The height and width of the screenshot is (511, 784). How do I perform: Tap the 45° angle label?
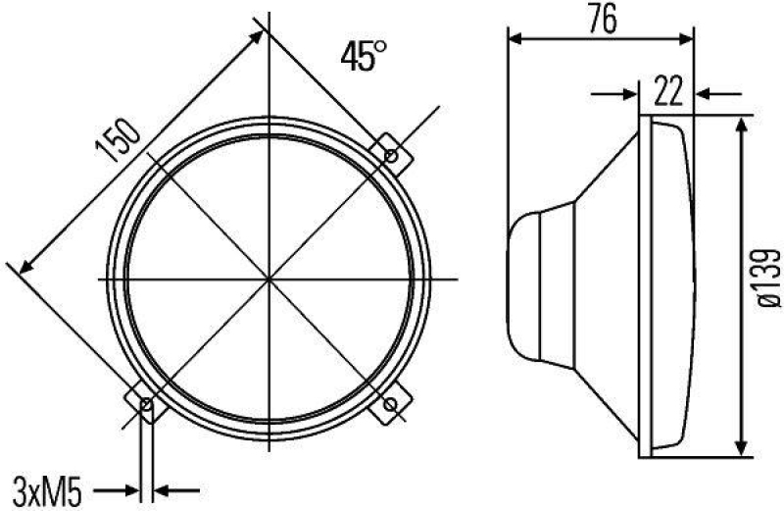pyautogui.click(x=360, y=56)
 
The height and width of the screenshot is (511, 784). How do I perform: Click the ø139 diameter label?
pyautogui.click(x=770, y=278)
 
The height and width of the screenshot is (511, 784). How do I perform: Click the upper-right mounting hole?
pyautogui.click(x=392, y=154)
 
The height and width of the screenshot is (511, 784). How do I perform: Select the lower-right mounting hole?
pyautogui.click(x=393, y=404)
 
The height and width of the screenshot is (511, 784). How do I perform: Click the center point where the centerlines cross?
pyautogui.click(x=268, y=280)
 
